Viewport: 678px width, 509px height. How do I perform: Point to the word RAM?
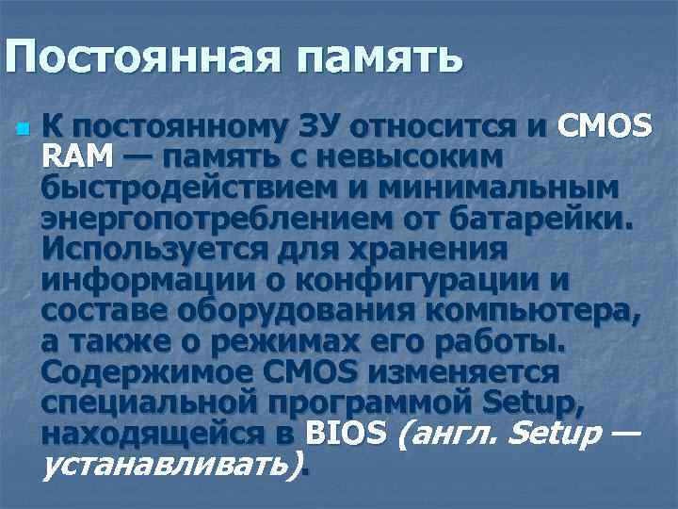78,156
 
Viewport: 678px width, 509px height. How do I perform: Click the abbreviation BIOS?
347,435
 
